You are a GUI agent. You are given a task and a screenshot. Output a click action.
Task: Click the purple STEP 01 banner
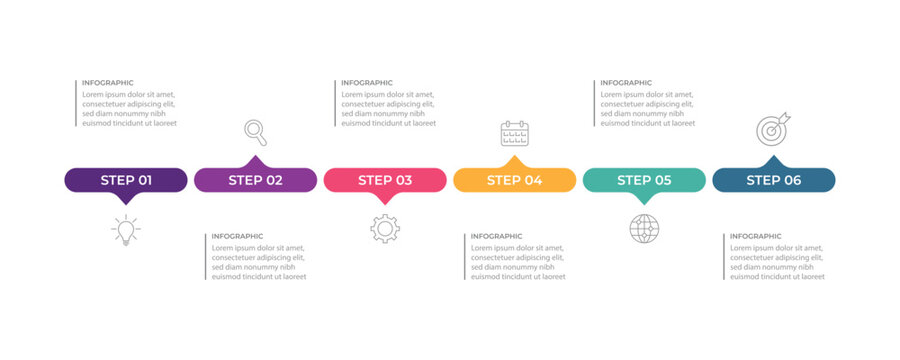(x=126, y=180)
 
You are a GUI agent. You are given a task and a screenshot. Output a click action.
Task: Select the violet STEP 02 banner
(x=255, y=180)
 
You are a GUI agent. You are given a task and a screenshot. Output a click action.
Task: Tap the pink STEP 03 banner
(x=385, y=180)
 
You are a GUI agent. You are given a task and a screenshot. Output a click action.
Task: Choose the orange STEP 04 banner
(x=514, y=180)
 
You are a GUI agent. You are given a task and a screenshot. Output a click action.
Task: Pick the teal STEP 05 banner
(x=644, y=180)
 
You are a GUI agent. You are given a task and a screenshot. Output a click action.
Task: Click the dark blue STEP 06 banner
(x=773, y=180)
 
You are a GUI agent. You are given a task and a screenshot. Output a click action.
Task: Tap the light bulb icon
(x=126, y=231)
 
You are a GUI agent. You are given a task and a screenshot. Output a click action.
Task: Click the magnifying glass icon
(x=255, y=131)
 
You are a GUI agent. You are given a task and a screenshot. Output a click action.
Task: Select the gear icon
(x=385, y=229)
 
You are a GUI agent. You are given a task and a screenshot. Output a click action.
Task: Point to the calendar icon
(x=515, y=133)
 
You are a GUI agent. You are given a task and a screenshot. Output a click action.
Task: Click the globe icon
(x=644, y=229)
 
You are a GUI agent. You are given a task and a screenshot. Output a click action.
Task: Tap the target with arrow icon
(x=772, y=129)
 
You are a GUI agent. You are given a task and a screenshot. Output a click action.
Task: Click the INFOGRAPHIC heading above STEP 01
(x=107, y=83)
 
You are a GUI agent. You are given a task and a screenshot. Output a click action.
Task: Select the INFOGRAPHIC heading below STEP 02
(x=237, y=237)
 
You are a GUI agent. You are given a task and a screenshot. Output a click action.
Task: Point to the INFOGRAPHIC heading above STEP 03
(x=367, y=83)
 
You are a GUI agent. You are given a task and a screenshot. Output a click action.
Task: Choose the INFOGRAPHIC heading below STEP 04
(x=496, y=237)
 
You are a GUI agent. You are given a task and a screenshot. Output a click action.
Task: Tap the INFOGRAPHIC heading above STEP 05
(x=626, y=83)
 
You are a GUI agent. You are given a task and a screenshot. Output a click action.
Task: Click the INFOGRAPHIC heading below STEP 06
(x=756, y=237)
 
